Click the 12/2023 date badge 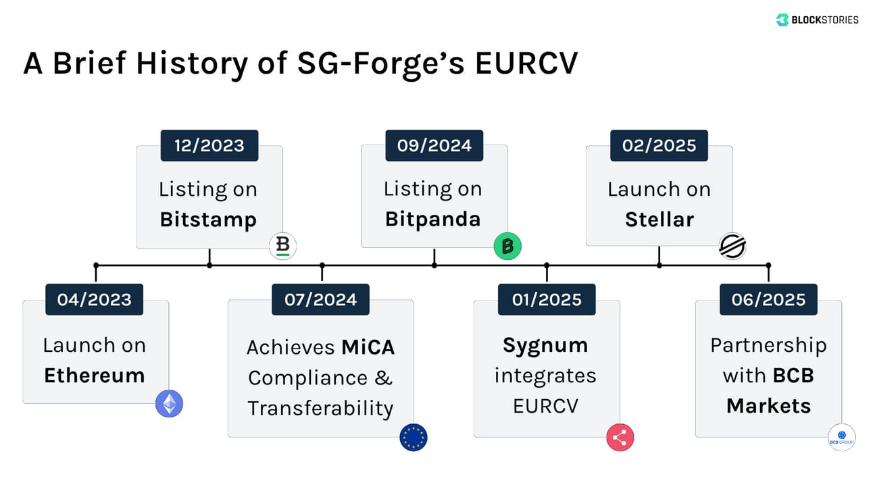tap(209, 145)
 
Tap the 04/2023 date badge tap(95, 299)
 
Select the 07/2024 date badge tap(321, 299)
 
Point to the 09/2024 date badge tap(434, 145)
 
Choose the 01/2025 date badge tap(547, 299)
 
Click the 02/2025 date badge tap(659, 145)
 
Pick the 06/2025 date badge tap(768, 299)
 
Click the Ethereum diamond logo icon tap(169, 404)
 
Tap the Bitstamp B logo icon tap(282, 247)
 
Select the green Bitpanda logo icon tap(507, 247)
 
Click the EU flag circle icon tap(414, 437)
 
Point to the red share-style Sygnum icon tap(620, 437)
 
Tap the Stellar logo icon tap(732, 247)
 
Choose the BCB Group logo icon tap(842, 437)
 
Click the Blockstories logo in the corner tap(817, 20)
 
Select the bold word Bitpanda tap(433, 219)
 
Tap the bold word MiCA tap(368, 347)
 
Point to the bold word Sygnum tap(545, 345)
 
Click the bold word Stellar tap(659, 219)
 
